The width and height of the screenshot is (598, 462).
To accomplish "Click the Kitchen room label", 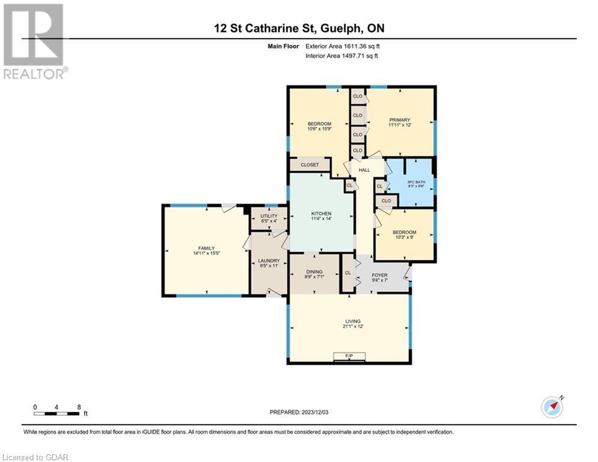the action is [x=321, y=214].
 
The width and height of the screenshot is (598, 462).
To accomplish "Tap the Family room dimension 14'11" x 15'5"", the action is [x=207, y=253].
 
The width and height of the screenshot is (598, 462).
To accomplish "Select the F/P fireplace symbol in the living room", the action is [x=349, y=357].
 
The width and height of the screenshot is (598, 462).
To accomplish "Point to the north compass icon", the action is [x=552, y=407].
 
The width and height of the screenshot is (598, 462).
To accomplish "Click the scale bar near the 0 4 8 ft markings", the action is [x=56, y=413].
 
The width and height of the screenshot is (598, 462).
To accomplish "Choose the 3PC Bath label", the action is [x=416, y=182].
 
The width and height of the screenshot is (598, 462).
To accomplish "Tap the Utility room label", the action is [x=269, y=216].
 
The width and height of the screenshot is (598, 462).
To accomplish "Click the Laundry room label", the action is [x=269, y=261].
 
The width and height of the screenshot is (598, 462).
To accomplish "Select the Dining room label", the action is [x=314, y=272].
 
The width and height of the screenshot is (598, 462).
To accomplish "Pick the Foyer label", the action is [x=379, y=275].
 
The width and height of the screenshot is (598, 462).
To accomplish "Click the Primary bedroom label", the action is [x=400, y=120].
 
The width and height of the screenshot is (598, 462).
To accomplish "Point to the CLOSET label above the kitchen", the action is [x=310, y=165].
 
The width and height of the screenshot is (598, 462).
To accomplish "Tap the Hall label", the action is [x=364, y=170].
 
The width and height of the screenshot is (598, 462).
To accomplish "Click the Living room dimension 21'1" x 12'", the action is [x=353, y=327].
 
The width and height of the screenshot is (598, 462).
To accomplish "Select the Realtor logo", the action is [x=35, y=42].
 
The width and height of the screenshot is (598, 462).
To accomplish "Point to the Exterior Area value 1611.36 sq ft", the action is [x=362, y=46].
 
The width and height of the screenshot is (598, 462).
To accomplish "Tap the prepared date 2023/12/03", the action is [x=315, y=412].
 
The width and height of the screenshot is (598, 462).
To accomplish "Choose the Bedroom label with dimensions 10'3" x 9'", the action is [x=404, y=232].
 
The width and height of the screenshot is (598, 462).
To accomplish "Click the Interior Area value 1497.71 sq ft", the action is [x=360, y=56].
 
